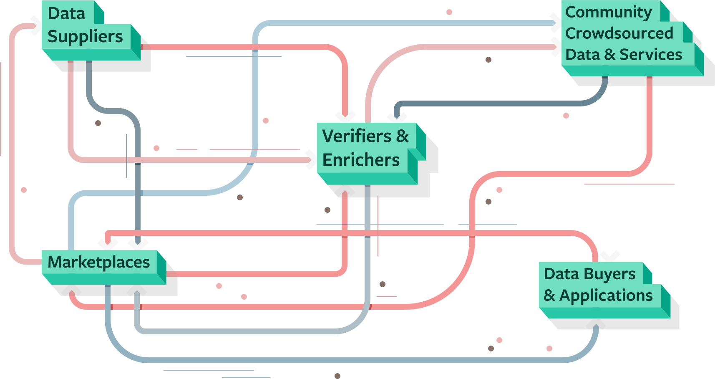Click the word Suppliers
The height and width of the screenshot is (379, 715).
[85, 37]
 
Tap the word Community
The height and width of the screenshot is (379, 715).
[608, 13]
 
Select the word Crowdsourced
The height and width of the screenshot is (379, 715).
[619, 33]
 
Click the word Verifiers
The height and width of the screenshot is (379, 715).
[357, 136]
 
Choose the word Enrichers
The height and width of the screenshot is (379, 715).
[361, 160]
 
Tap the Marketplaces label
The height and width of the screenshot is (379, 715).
[99, 262]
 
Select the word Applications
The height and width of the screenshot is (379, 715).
[606, 296]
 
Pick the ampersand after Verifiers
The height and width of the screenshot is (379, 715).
[403, 136]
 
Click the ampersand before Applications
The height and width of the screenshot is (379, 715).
[549, 296]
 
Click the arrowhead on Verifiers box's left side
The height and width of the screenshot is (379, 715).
[311, 159]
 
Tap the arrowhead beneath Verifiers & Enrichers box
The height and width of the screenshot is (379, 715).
[345, 191]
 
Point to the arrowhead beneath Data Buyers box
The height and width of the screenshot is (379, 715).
[596, 324]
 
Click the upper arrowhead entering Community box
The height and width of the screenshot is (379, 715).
[556, 23]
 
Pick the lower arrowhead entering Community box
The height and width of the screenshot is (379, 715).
[556, 46]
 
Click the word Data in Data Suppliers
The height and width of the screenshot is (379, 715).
[66, 13]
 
